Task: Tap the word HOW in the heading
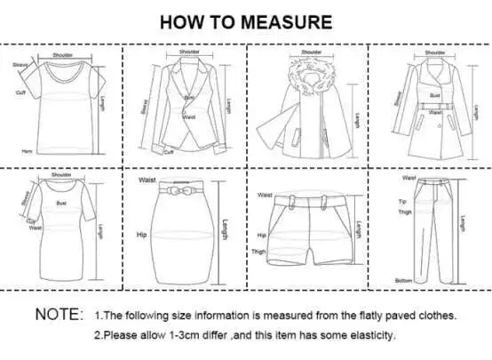(x=180, y=21)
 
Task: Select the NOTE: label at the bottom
(x=60, y=315)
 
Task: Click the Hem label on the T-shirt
(x=27, y=151)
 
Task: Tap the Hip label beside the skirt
(x=140, y=236)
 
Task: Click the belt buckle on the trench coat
(x=434, y=112)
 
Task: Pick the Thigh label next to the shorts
(x=259, y=252)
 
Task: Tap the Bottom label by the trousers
(x=404, y=281)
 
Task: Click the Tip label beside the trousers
(x=401, y=202)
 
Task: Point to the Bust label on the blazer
(x=188, y=97)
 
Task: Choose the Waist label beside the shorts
(x=264, y=195)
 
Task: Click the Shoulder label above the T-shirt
(x=62, y=54)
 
